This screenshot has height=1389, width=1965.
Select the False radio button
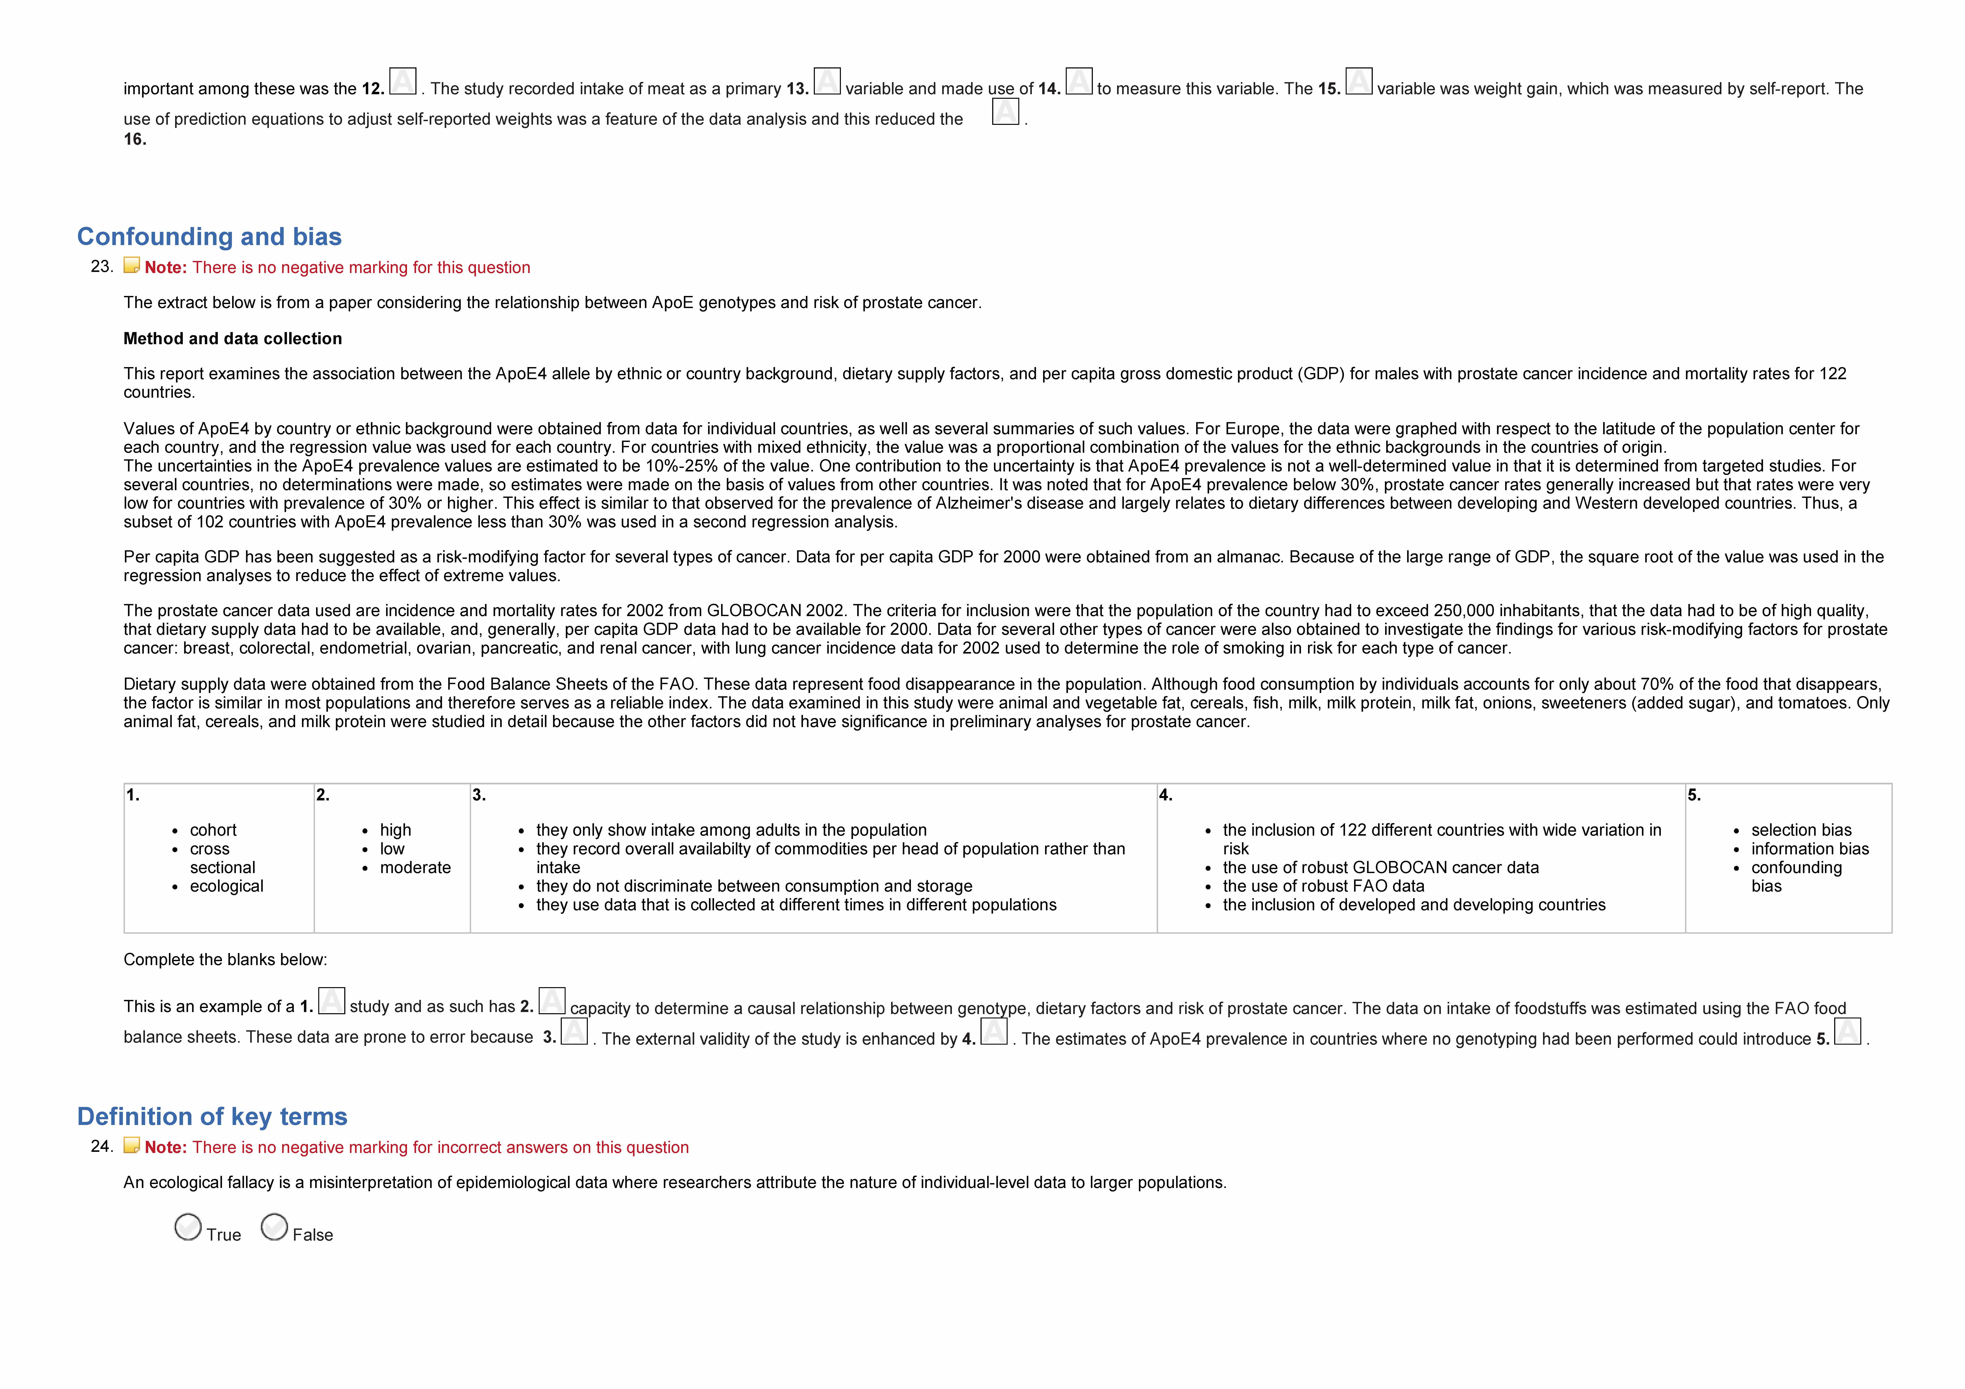coord(274,1227)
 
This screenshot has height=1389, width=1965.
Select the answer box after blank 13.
coord(827,81)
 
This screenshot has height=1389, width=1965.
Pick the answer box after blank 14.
coord(1078,81)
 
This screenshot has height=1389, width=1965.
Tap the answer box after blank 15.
coord(1359,81)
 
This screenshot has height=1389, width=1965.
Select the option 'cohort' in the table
coord(213,830)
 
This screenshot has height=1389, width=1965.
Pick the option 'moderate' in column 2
coord(415,868)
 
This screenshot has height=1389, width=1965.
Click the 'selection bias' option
coord(1801,830)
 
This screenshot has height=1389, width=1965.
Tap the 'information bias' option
coord(1809,849)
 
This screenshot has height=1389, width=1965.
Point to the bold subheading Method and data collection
coord(233,339)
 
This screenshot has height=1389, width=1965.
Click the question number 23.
coord(102,266)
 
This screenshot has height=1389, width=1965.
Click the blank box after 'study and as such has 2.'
coord(552,1000)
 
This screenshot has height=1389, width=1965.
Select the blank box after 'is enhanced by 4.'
coord(994,1031)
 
